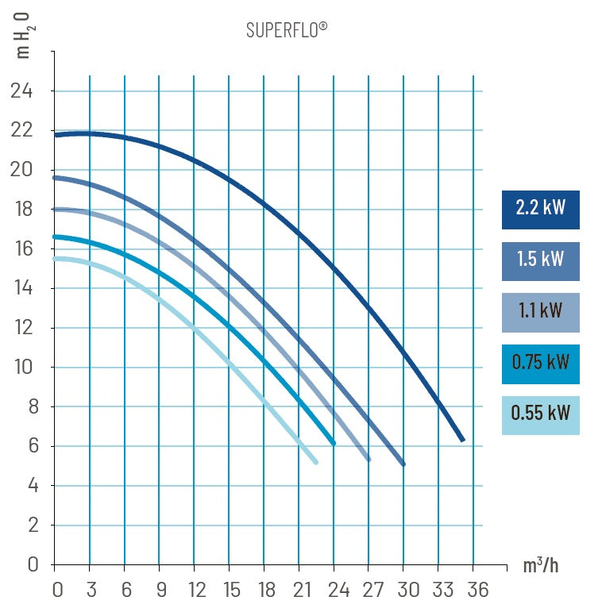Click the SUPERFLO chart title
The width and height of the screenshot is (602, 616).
pyautogui.click(x=287, y=30)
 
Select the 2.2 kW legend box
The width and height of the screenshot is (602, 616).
pyautogui.click(x=540, y=210)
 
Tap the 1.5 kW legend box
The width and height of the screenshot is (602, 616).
pyautogui.click(x=540, y=260)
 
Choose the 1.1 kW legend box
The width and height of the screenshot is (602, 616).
pyautogui.click(x=540, y=311)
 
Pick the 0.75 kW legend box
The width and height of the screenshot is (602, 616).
pyautogui.click(x=540, y=363)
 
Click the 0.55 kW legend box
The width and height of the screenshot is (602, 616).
pyautogui.click(x=540, y=414)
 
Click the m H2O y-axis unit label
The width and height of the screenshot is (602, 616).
pyautogui.click(x=23, y=36)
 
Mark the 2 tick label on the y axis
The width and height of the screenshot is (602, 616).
pyautogui.click(x=33, y=526)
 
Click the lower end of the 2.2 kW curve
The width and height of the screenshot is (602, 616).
pyautogui.click(x=461, y=439)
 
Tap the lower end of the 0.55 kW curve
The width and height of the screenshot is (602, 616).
pyautogui.click(x=315, y=461)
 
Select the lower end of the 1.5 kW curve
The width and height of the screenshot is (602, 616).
pyautogui.click(x=403, y=464)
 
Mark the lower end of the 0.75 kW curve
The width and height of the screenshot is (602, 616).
pyautogui.click(x=334, y=443)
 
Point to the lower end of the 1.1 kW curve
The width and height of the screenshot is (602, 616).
pyautogui.click(x=368, y=459)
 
